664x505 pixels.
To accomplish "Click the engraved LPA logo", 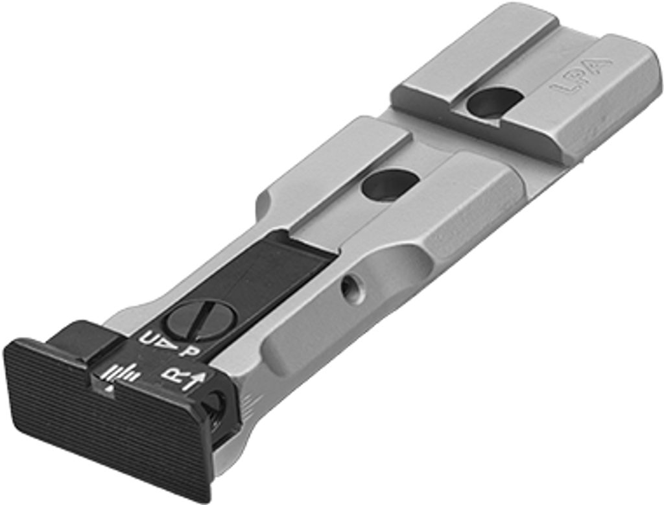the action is [583, 76].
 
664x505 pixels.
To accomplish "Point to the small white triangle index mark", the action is [110, 390].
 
